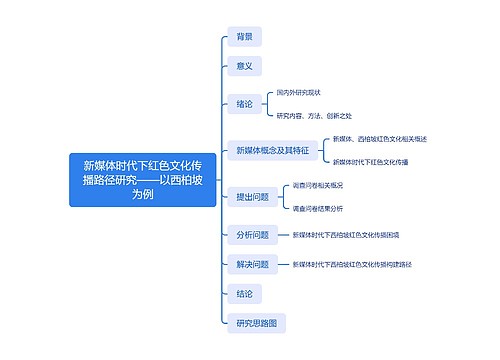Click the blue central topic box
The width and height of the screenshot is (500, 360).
pos(142,180)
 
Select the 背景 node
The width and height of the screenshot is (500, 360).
pos(244,37)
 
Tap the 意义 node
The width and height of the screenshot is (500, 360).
pos(244,66)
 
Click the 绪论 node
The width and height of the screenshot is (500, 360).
pos(244,104)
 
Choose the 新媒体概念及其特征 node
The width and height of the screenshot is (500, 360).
pos(271,150)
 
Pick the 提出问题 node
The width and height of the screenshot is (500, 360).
pos(252,197)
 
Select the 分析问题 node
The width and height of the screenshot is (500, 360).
pos(252,236)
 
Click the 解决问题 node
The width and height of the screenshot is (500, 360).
pos(252,265)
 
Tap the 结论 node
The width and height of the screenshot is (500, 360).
pos(244,294)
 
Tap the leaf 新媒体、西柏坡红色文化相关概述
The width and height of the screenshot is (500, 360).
pos(379,138)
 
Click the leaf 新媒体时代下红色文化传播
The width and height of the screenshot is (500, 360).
pos(370,161)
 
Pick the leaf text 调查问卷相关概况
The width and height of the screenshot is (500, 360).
pos(318,185)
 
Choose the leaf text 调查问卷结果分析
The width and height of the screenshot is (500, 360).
pos(318,209)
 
